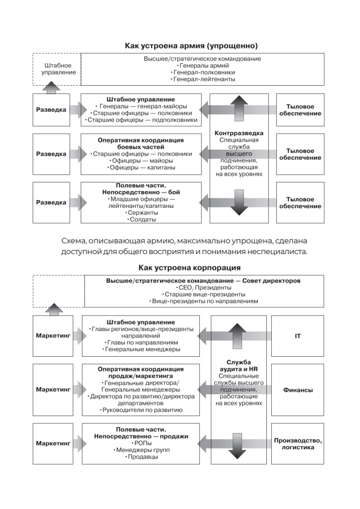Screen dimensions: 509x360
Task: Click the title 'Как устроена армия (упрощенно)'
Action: click(x=191, y=45)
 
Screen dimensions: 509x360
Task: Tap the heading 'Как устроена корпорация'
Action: click(x=190, y=268)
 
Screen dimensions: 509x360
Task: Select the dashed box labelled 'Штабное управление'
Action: click(x=56, y=69)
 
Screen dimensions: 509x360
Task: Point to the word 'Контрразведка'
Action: click(x=239, y=133)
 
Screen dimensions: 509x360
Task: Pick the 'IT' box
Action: click(x=298, y=336)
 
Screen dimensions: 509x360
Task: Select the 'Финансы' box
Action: click(x=298, y=390)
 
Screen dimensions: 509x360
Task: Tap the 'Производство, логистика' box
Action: click(x=298, y=444)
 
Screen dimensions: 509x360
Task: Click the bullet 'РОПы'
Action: click(x=141, y=443)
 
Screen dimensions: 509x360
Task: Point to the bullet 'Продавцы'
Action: click(x=141, y=457)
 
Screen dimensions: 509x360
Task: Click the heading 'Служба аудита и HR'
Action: click(x=239, y=366)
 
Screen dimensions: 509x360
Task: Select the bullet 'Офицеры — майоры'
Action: click(x=141, y=161)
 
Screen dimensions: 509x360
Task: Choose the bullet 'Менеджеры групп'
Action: click(x=141, y=450)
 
